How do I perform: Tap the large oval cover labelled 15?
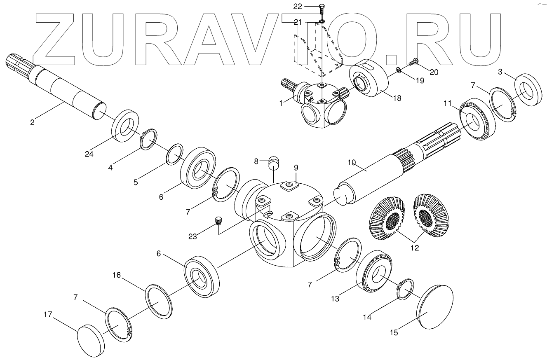point(435,307)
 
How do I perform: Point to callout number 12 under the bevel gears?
point(414,248)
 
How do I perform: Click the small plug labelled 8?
point(272,162)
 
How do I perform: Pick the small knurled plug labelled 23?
point(219,221)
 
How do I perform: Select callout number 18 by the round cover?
point(397,98)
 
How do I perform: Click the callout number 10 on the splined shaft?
point(351,162)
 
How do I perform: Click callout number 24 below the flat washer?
point(89,154)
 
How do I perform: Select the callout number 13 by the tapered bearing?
point(335,298)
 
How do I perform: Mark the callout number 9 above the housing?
point(296,168)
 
